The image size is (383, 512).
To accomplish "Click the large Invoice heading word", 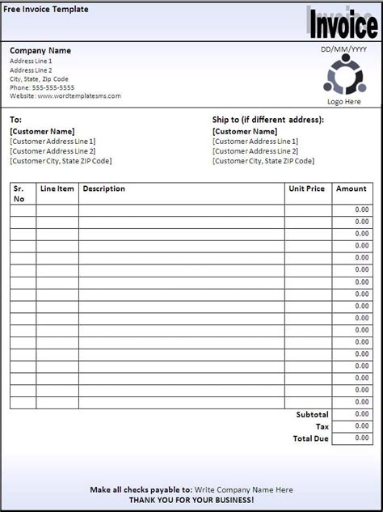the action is click(345, 26).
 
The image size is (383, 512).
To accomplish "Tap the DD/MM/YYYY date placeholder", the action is click(343, 50).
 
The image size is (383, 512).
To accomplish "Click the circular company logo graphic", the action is click(344, 77).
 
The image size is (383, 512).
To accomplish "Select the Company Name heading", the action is click(40, 51).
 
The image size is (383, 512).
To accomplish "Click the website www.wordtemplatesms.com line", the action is click(65, 96).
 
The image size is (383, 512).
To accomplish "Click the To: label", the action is click(17, 120).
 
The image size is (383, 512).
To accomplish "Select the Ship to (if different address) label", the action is click(267, 120).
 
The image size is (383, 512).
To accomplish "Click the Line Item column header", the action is click(57, 189).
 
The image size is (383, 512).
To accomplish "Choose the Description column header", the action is click(103, 189).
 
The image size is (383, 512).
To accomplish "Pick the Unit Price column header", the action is click(306, 189).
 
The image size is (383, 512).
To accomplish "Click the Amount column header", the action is click(351, 189).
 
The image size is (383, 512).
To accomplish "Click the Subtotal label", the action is click(312, 414).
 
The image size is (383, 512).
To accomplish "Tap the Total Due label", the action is click(310, 438).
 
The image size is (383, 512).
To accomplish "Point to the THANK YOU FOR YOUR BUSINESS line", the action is click(191, 501).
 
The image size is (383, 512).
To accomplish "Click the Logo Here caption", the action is click(344, 102).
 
